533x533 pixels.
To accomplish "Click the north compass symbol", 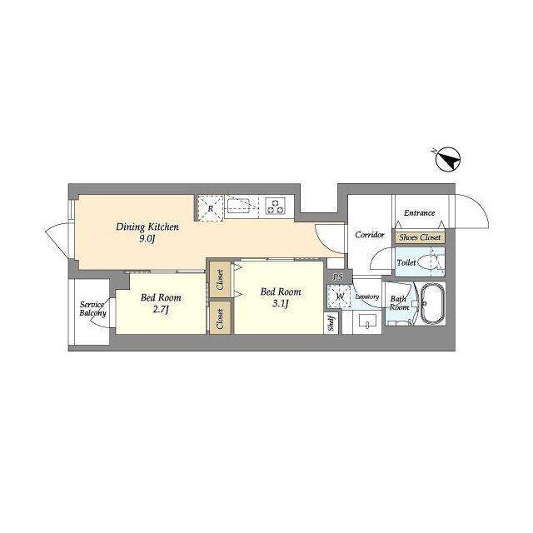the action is (x=448, y=159).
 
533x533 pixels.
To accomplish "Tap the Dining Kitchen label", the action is (x=147, y=227).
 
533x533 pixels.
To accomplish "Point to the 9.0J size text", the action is (x=147, y=239).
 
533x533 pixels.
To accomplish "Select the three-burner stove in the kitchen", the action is (x=276, y=206).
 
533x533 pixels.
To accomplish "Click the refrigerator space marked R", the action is (x=211, y=208).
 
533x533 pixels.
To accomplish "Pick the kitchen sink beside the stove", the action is (x=239, y=206).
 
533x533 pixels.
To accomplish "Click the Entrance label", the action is (x=419, y=213).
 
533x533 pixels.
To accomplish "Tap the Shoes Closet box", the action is (x=420, y=237).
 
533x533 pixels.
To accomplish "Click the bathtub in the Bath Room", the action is (x=432, y=303).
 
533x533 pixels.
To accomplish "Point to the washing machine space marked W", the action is (x=339, y=296).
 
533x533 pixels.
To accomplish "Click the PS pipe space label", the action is (x=338, y=277).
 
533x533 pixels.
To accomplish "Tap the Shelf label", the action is (x=331, y=323).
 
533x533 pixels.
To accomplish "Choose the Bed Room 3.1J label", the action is (x=281, y=297).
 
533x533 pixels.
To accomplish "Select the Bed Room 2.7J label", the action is (x=161, y=303).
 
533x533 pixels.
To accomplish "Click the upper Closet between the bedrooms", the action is (x=220, y=280).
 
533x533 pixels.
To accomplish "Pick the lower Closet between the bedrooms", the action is (x=220, y=318).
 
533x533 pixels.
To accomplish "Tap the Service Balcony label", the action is (x=92, y=309).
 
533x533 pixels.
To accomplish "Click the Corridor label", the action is (x=370, y=235).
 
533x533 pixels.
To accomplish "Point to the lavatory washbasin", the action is (x=367, y=321).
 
